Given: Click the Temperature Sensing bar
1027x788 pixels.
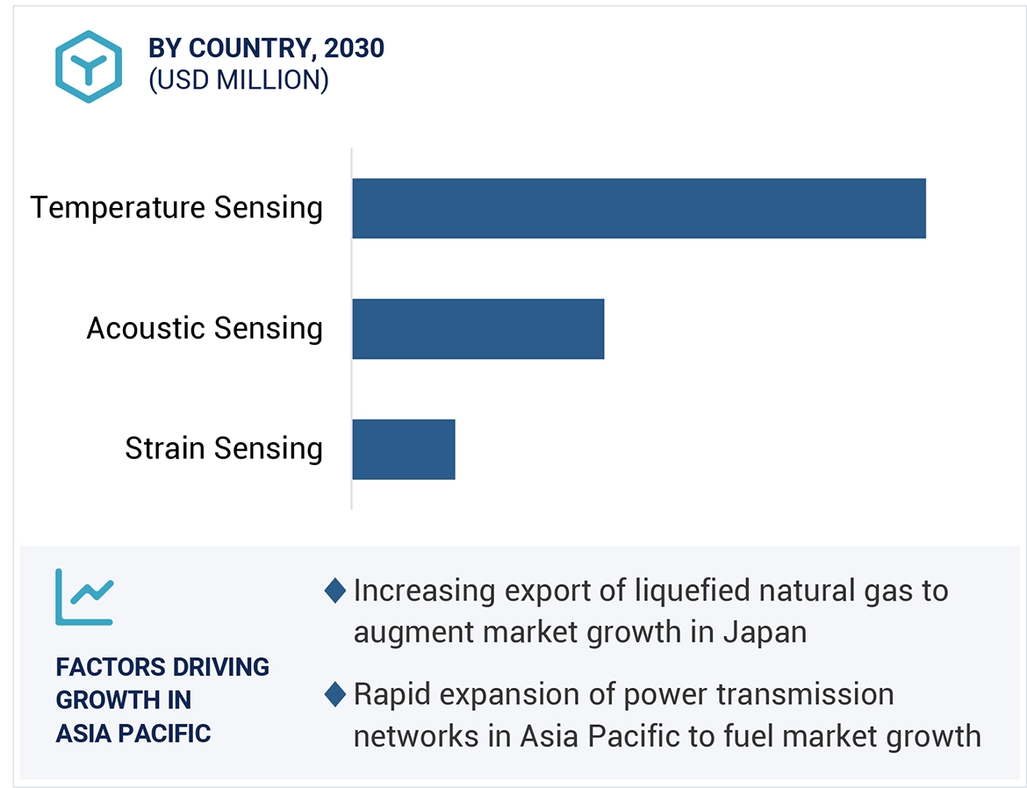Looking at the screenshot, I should tap(638, 208).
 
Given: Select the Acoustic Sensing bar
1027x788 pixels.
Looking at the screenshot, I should tap(478, 328).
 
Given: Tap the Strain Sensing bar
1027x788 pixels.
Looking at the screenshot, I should tap(403, 448).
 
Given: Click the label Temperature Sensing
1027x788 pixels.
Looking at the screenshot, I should tap(176, 208).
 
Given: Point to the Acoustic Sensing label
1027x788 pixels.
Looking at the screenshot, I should tap(205, 328).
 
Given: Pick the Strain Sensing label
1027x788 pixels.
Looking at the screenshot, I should tap(224, 448).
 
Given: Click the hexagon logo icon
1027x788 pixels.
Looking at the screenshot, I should tap(88, 66).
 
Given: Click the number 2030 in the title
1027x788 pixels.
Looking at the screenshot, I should tap(354, 47).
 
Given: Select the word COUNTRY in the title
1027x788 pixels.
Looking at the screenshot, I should tap(248, 47).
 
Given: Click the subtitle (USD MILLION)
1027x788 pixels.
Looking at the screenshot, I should tap(238, 80).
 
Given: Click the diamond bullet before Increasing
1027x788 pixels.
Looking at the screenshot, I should tap(334, 591).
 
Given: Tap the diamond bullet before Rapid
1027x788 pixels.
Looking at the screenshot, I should tap(334, 695).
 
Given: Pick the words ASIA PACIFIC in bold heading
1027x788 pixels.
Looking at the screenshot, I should tap(133, 733).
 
